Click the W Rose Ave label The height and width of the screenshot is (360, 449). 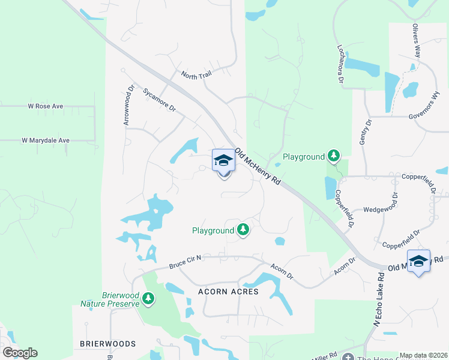pyautogui.click(x=46, y=106)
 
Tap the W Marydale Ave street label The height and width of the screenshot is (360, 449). pyautogui.click(x=46, y=140)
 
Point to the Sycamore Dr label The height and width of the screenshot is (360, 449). pyautogui.click(x=159, y=100)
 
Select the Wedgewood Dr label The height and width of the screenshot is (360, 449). pyautogui.click(x=381, y=210)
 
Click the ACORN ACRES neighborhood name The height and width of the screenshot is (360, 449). pyautogui.click(x=228, y=292)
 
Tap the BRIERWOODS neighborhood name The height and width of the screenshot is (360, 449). pyautogui.click(x=108, y=344)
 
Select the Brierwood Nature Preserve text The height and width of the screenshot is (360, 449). pyautogui.click(x=112, y=299)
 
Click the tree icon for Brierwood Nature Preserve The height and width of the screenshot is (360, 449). pyautogui.click(x=148, y=298)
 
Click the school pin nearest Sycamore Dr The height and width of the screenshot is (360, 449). pyautogui.click(x=224, y=161)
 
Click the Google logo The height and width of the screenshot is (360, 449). pyautogui.click(x=19, y=353)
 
